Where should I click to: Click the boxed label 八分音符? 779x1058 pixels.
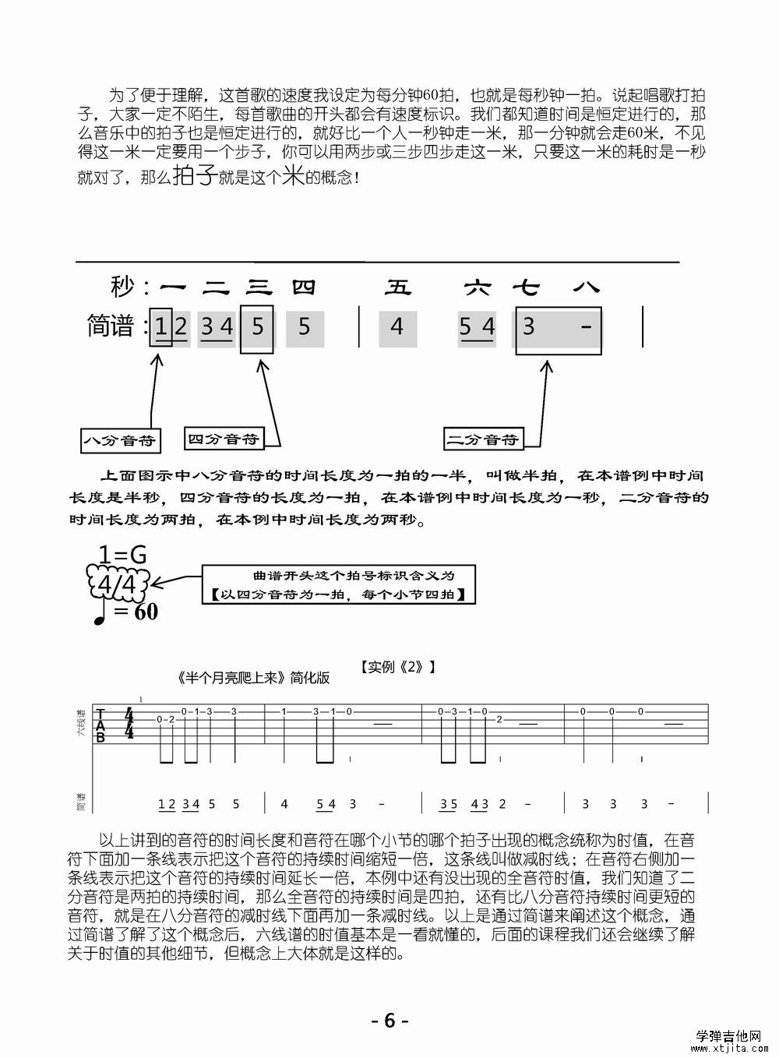[119, 441]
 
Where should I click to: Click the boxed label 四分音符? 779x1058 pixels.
[223, 439]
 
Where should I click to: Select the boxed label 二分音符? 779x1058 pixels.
[482, 439]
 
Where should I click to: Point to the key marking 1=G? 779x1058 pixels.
[122, 555]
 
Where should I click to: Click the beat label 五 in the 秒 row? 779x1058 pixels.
[397, 288]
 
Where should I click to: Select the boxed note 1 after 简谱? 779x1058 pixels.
[160, 326]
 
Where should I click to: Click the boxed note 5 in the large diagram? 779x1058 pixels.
[258, 326]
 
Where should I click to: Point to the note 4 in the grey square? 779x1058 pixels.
[397, 326]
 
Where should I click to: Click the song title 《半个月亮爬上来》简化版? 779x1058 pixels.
[253, 678]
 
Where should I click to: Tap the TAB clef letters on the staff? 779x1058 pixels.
[100, 725]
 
